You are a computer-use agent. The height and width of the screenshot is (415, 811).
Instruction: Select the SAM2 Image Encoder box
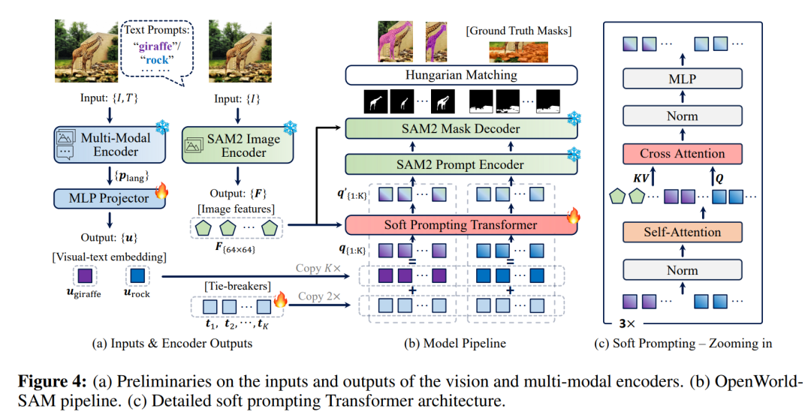click(234, 145)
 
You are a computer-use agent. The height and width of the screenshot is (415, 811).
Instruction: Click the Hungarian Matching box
click(460, 75)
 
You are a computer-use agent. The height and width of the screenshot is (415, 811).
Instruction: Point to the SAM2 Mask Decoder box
click(460, 128)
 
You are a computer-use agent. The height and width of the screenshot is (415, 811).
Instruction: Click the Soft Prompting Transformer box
click(460, 224)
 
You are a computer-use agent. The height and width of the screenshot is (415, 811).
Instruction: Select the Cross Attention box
click(682, 154)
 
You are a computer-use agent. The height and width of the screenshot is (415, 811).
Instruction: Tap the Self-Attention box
click(682, 233)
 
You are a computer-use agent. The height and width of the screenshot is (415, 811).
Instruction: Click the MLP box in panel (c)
click(682, 80)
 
